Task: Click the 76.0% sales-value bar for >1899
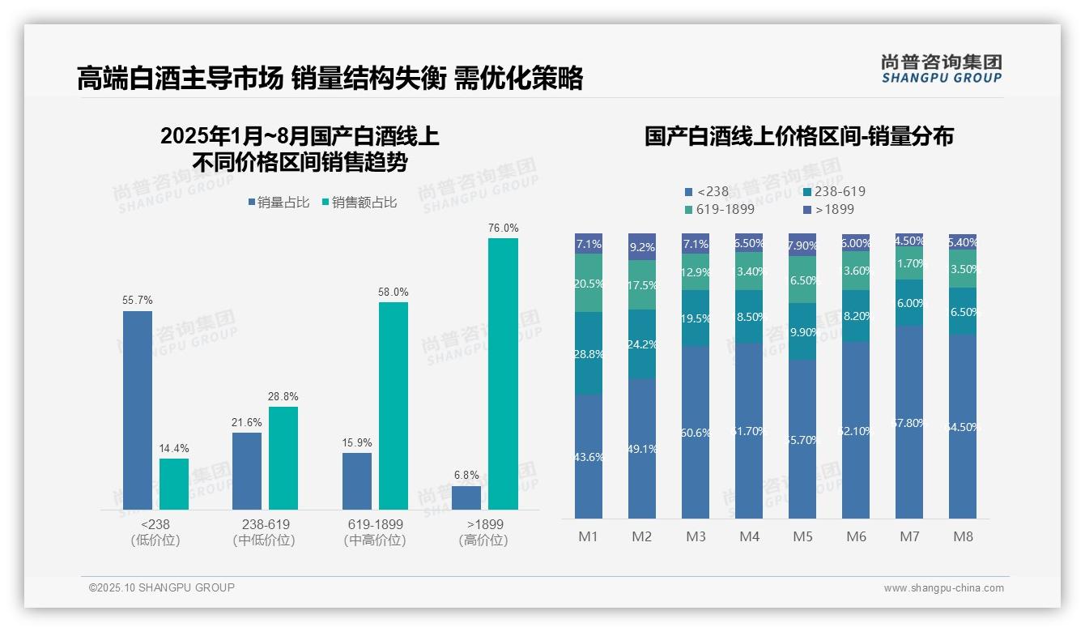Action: click(503, 374)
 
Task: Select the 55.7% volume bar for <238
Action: click(138, 410)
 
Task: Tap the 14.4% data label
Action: click(173, 448)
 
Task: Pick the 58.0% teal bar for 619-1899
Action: click(394, 406)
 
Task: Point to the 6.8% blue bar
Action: click(466, 497)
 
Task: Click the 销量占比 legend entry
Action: click(278, 203)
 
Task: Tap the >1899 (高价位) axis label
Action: click(484, 532)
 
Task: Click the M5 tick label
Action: click(802, 536)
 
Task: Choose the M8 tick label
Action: click(963, 536)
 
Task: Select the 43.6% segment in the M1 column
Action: click(589, 456)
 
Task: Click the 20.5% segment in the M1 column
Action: click(589, 283)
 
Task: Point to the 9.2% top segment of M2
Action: click(642, 246)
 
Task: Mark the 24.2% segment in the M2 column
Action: click(642, 344)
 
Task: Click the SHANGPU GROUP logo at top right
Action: click(941, 69)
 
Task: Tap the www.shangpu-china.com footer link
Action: click(943, 588)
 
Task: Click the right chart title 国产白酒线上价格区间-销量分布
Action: click(798, 136)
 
